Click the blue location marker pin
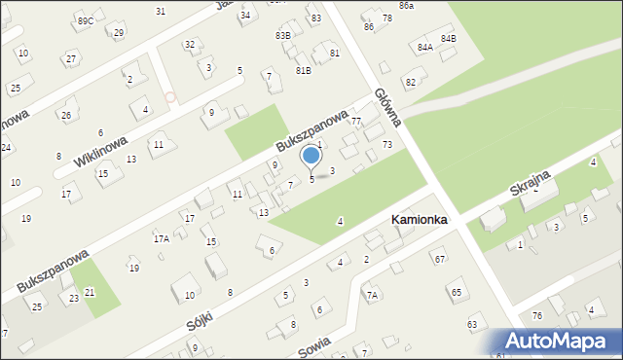311,157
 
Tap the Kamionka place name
419,221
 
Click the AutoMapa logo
561,341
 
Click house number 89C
86,20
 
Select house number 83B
282,35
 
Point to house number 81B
304,70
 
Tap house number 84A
424,47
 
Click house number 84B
448,38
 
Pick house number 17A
161,238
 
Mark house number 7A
371,295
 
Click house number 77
356,122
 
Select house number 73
387,144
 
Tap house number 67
440,259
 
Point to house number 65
456,292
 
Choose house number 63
472,323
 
